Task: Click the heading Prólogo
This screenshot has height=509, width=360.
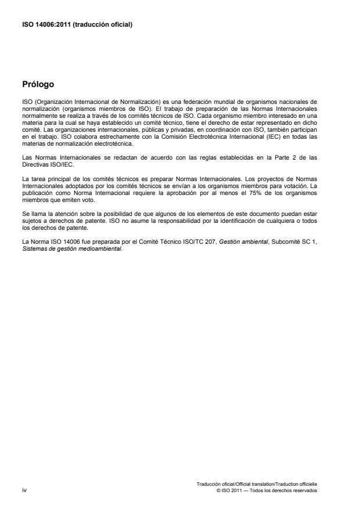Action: point(38,84)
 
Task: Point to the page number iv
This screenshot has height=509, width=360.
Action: point(24,490)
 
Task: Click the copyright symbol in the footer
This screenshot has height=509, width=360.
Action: point(217,490)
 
